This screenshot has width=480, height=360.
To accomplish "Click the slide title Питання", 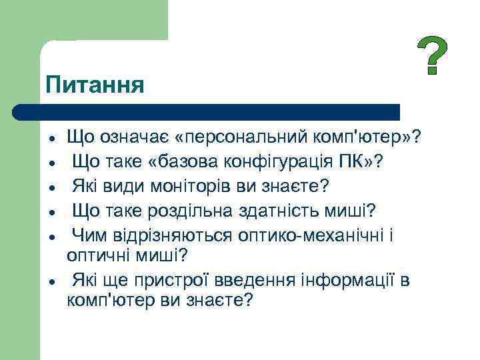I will (95, 85).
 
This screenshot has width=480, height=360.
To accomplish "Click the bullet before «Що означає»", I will (51, 139).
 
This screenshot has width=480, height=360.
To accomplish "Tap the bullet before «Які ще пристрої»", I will (51, 281).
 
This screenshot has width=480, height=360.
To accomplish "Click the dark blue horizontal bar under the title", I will (207, 111).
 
